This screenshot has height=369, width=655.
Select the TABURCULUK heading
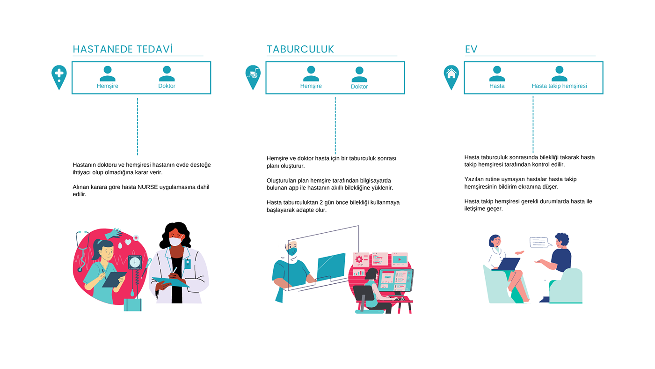pyautogui.click(x=300, y=49)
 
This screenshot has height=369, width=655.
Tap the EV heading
pyautogui.click(x=471, y=49)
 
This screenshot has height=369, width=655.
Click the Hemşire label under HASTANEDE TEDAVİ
pyautogui.click(x=107, y=86)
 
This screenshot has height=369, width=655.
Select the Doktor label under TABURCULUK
pyautogui.click(x=359, y=87)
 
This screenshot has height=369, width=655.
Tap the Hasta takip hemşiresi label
pyautogui.click(x=559, y=86)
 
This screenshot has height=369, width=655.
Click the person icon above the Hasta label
pyautogui.click(x=497, y=74)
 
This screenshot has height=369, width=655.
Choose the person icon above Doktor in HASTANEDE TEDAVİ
pyautogui.click(x=167, y=74)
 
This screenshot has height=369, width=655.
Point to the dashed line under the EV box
pyautogui.click(x=533, y=124)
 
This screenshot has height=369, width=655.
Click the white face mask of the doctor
pyautogui.click(x=175, y=242)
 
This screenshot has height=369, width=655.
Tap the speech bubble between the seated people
pyautogui.click(x=539, y=242)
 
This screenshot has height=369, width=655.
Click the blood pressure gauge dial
pyautogui.click(x=135, y=262)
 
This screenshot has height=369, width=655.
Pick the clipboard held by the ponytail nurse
pyautogui.click(x=114, y=279)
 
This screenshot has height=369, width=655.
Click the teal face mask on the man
pyautogui.click(x=292, y=252)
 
